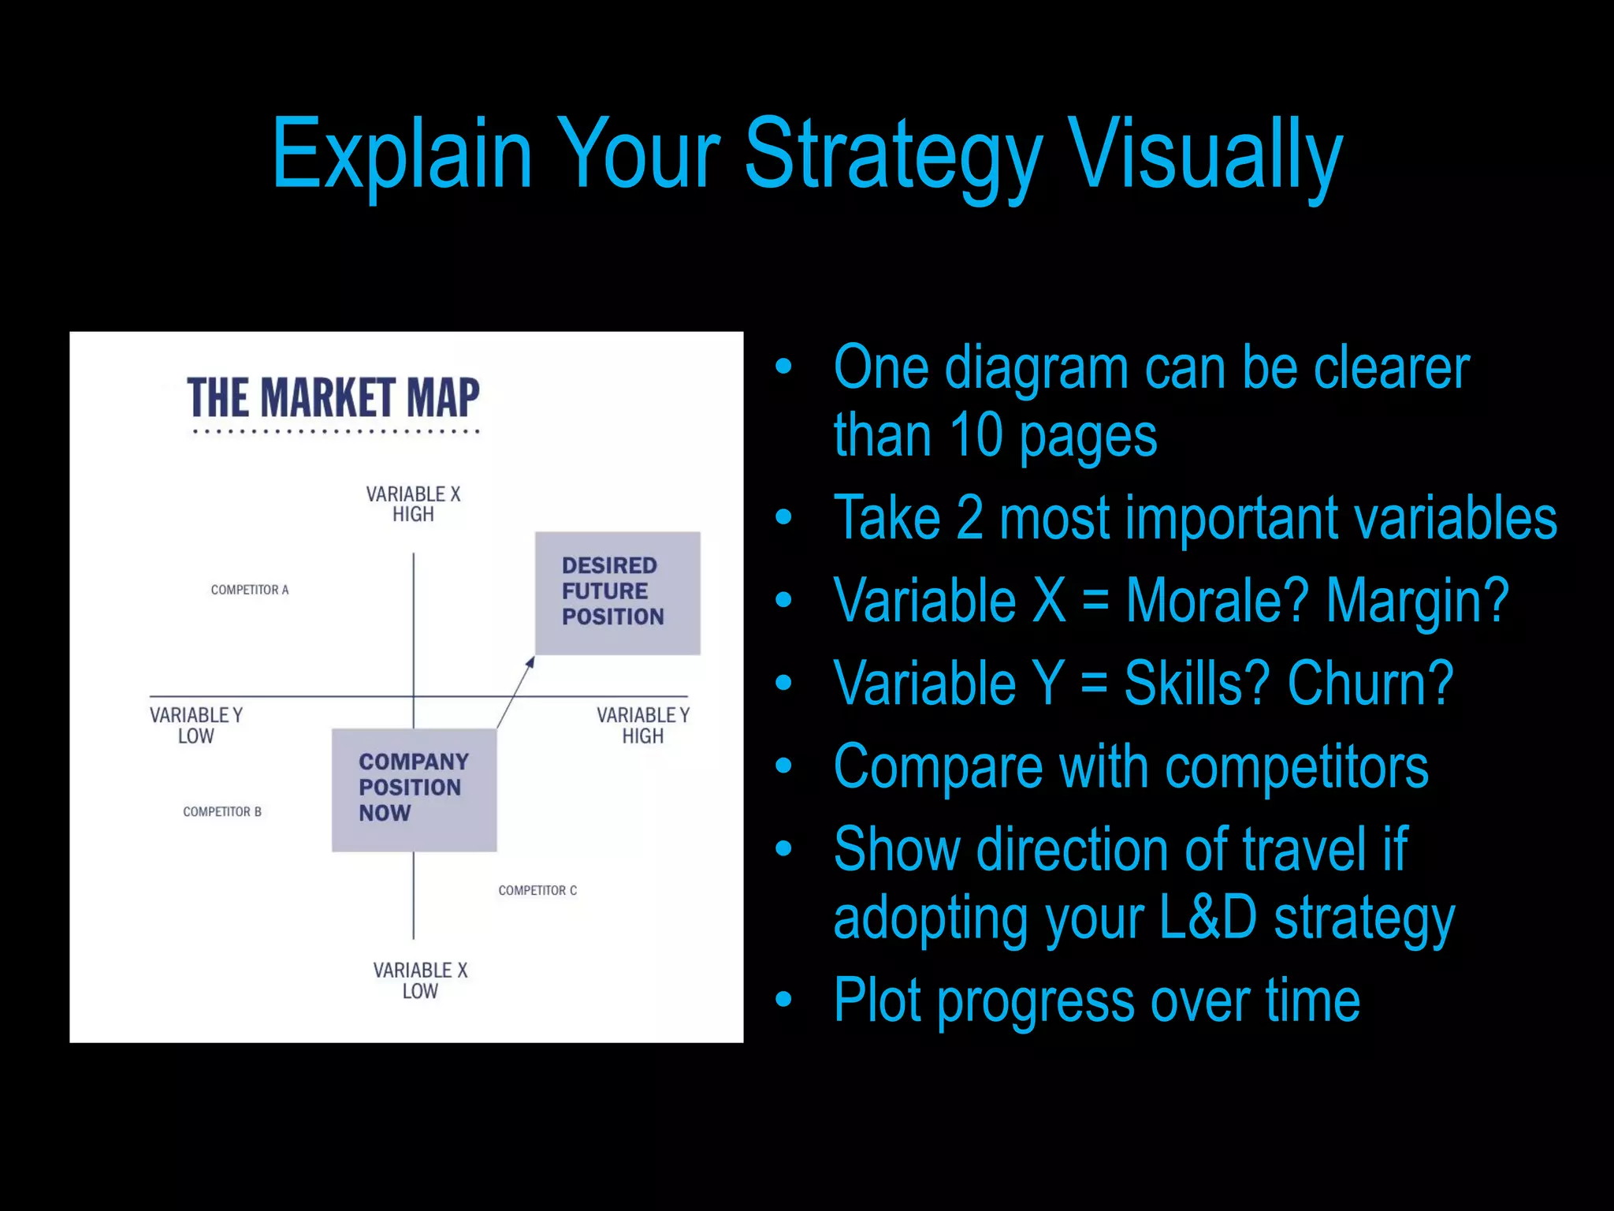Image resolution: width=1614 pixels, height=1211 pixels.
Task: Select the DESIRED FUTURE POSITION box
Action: [x=617, y=593]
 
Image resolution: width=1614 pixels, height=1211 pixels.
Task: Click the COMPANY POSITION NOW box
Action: [x=414, y=789]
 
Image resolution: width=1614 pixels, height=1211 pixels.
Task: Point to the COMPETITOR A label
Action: [x=250, y=590]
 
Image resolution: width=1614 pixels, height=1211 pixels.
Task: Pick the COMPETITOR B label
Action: [x=222, y=811]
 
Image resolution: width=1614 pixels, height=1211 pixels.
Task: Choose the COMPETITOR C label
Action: [x=537, y=890]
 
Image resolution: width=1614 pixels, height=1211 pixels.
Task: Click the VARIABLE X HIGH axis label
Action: [x=413, y=504]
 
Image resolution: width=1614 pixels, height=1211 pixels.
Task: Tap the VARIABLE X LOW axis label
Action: [x=420, y=980]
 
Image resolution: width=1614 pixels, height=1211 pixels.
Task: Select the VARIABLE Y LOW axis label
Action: [x=196, y=725]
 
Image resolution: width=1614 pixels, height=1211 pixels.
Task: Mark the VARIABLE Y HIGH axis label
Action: [x=643, y=725]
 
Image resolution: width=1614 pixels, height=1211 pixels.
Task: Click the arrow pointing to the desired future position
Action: [x=516, y=691]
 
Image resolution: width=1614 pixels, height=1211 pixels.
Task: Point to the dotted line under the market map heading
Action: [x=337, y=431]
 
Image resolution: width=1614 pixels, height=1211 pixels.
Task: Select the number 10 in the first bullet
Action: [x=976, y=435]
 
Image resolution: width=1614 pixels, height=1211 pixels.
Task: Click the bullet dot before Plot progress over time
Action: [x=783, y=1000]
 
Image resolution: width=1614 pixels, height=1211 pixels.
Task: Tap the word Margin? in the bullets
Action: [x=1417, y=601]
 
